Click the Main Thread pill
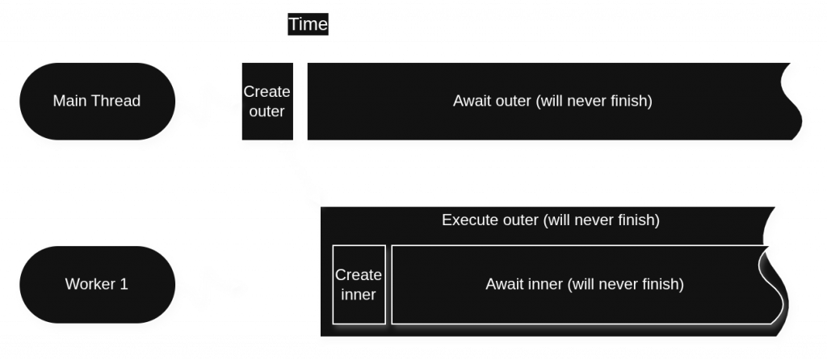pos(96,102)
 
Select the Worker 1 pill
pos(96,284)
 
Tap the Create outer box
pos(267,103)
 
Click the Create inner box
pos(359,285)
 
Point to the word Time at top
pos(309,24)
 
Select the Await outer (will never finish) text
pos(552,102)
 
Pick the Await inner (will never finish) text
pos(584,284)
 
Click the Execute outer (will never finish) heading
pos(551,220)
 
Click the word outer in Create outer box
pos(267,111)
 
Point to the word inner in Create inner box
pos(359,295)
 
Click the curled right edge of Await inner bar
pos(774,284)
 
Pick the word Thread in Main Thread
pos(115,102)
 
